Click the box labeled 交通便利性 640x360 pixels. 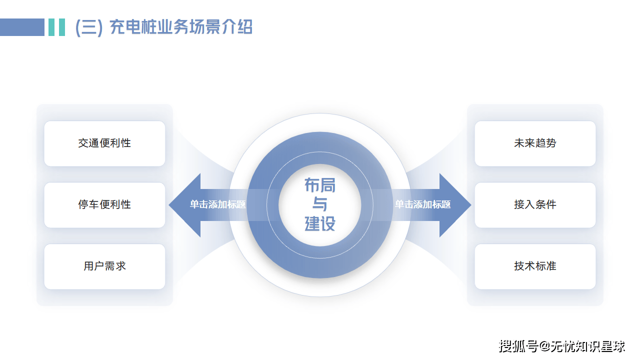(104, 143)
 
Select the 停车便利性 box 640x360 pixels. (104, 205)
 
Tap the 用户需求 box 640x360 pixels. (104, 266)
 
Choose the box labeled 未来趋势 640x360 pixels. (535, 143)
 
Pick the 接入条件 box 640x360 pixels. (535, 205)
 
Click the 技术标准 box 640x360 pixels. (535, 266)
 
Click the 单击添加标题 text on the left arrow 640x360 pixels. (217, 204)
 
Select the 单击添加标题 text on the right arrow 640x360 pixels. (423, 204)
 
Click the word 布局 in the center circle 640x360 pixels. (320, 185)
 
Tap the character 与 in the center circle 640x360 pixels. (320, 204)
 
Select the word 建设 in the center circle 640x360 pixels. (320, 223)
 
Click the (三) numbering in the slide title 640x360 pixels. (89, 27)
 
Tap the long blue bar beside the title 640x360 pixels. (22, 27)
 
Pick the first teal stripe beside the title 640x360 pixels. (51, 27)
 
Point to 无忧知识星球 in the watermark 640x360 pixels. (588, 346)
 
